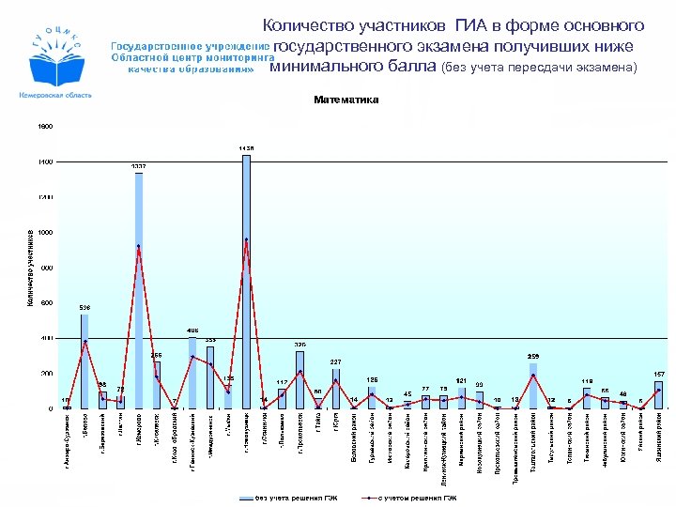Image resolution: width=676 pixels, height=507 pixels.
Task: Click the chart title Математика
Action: pyautogui.click(x=346, y=100)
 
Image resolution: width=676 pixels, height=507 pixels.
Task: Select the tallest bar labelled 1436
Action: pyautogui.click(x=246, y=282)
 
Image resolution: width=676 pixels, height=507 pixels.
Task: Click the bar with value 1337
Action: pyautogui.click(x=138, y=291)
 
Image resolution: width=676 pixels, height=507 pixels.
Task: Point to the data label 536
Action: pyautogui.click(x=84, y=307)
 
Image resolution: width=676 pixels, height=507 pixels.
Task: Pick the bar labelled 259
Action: pyautogui.click(x=533, y=386)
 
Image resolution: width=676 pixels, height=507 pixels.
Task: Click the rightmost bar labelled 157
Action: pyautogui.click(x=659, y=394)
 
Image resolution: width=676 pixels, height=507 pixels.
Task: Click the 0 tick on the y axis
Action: pyautogui.click(x=51, y=409)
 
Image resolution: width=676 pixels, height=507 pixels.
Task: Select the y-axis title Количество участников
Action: pyautogui.click(x=30, y=268)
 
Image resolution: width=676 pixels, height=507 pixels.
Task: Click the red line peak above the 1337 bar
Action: pyautogui.click(x=138, y=246)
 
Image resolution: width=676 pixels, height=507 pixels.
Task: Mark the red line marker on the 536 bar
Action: pyautogui.click(x=84, y=341)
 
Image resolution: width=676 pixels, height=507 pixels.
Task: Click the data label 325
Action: pyautogui.click(x=300, y=345)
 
